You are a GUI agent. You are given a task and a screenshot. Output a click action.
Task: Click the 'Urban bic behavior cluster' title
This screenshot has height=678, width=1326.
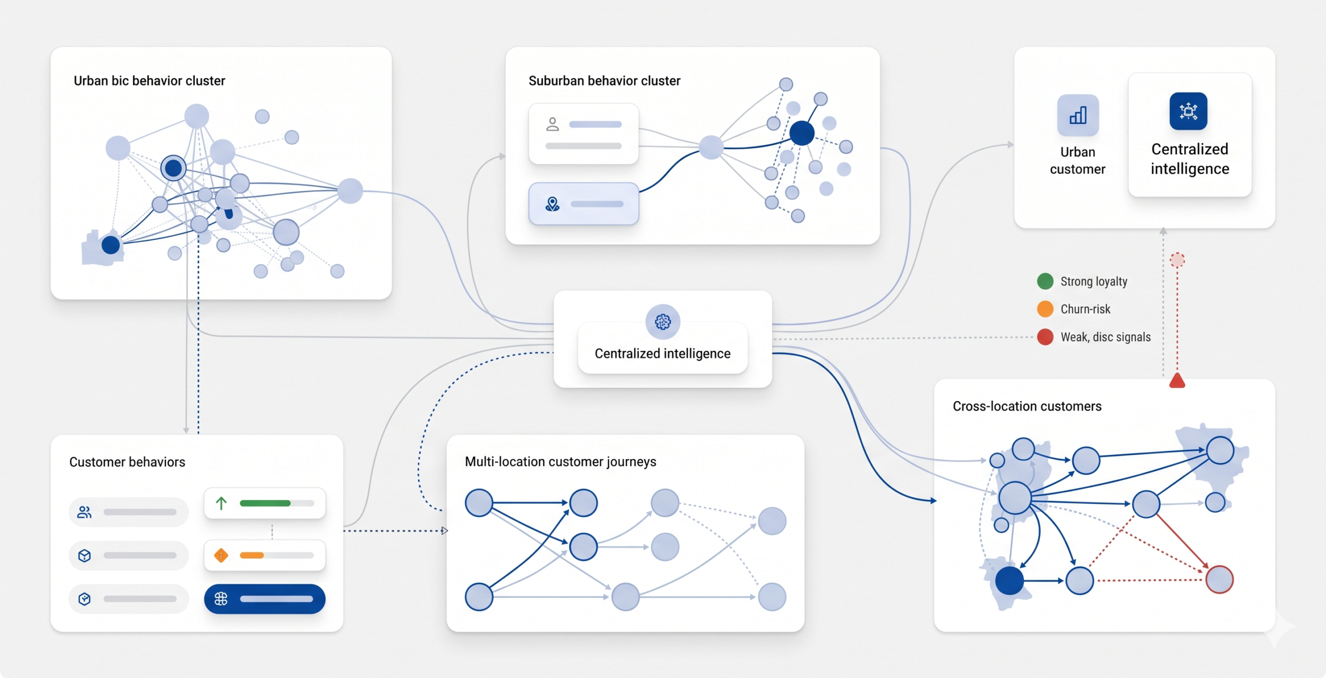(x=149, y=81)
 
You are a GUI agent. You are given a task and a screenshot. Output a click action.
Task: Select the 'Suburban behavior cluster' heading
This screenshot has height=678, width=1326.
(x=604, y=81)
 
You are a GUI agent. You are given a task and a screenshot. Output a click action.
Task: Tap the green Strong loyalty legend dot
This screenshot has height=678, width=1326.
(x=1045, y=281)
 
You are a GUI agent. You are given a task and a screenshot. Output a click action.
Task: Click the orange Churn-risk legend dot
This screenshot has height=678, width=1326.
(x=1045, y=309)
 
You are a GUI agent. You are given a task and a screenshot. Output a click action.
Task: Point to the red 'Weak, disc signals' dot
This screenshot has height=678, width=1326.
(x=1045, y=337)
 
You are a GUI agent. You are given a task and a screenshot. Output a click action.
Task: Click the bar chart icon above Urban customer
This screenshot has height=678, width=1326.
(x=1078, y=115)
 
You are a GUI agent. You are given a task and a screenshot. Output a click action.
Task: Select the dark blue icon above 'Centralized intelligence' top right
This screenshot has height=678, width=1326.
(x=1188, y=111)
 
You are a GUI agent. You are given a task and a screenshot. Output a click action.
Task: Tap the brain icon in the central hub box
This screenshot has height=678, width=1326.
(x=662, y=321)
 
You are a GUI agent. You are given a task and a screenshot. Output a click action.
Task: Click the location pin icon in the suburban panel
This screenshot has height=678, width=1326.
(x=553, y=204)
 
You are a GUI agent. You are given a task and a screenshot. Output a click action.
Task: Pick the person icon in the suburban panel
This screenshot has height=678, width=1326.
(x=553, y=124)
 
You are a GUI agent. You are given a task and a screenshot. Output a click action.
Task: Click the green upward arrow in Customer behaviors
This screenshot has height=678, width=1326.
(x=221, y=503)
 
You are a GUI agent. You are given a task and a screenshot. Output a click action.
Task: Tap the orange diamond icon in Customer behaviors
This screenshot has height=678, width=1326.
(x=221, y=555)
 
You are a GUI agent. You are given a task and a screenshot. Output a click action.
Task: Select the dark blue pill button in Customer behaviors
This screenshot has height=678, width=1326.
(x=265, y=599)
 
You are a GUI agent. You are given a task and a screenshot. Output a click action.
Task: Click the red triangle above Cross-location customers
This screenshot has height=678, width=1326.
(x=1177, y=380)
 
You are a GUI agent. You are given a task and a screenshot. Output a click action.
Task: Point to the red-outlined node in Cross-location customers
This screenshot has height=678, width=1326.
(x=1219, y=579)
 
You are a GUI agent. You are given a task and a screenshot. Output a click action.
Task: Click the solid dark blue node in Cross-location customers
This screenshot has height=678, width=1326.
(x=1010, y=581)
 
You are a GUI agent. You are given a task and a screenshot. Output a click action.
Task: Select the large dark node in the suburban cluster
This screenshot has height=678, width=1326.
(x=802, y=133)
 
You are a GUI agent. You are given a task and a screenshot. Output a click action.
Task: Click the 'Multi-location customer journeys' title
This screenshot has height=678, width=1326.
(x=560, y=462)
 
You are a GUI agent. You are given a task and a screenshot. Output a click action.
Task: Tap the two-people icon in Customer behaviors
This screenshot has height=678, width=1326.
(x=84, y=512)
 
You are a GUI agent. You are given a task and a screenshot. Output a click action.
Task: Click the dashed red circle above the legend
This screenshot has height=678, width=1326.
(x=1177, y=260)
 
